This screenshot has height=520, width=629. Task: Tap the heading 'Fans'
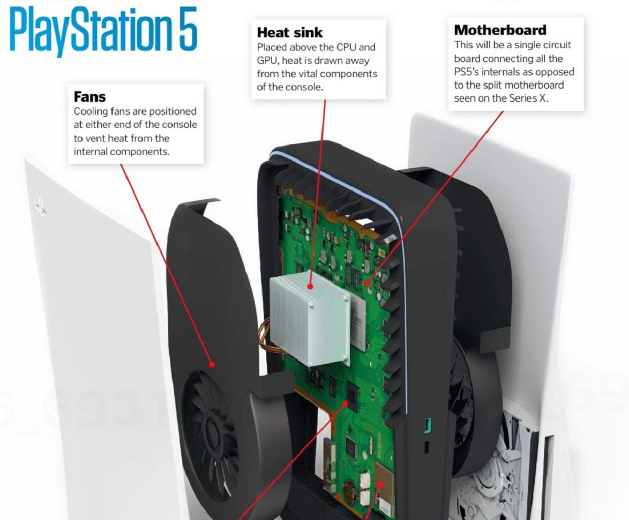pyautogui.click(x=90, y=97)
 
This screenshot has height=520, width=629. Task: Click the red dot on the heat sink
pyautogui.click(x=310, y=287)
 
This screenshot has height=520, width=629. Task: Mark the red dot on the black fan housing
pyautogui.click(x=212, y=364)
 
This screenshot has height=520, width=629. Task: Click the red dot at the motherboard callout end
pyautogui.click(x=367, y=284)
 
